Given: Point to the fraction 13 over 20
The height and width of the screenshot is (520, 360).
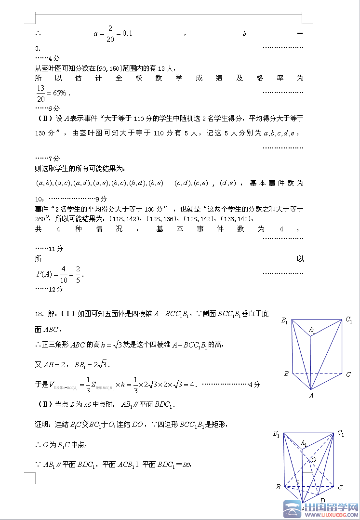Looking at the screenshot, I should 40,93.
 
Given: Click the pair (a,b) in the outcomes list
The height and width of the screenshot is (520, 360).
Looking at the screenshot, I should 44,183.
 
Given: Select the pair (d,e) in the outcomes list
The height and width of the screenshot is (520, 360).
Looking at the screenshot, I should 227,183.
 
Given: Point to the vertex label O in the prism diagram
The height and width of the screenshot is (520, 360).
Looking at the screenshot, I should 314,460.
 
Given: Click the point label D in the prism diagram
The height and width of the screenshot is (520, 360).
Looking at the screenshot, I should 322,500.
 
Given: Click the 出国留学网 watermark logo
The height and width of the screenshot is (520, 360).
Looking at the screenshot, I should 320,508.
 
